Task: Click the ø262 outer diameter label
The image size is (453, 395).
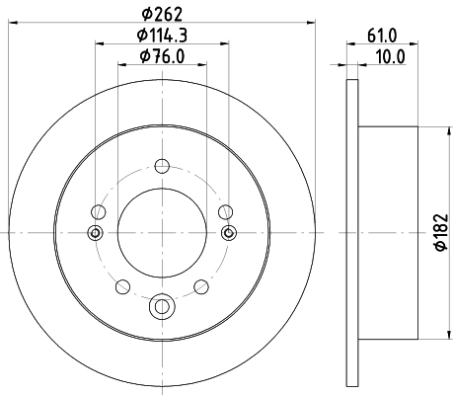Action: click(161, 14)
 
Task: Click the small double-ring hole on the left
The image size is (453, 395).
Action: click(96, 233)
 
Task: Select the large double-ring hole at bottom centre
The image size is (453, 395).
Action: click(161, 309)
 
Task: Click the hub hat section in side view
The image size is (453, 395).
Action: click(390, 232)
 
